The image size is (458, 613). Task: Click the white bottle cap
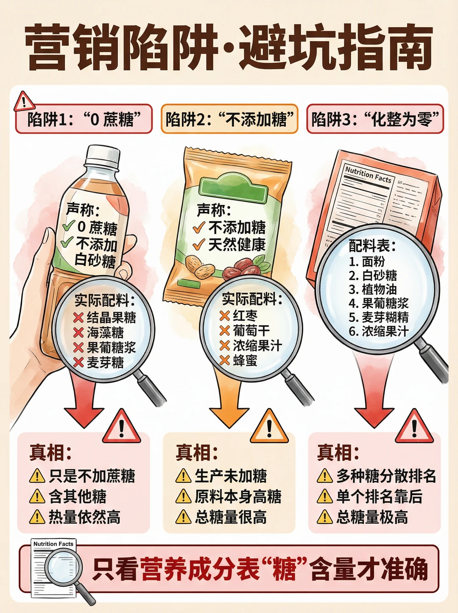tap(103, 157)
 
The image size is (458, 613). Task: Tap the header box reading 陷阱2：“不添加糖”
tap(229, 119)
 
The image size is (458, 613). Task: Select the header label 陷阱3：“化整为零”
tap(375, 119)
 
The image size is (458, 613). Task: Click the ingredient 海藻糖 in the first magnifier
tap(105, 333)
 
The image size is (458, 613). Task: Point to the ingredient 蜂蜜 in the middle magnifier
tap(245, 360)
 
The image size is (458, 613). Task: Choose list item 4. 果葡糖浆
tap(378, 303)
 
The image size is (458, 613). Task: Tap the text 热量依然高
tap(85, 517)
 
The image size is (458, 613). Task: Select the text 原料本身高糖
tap(238, 496)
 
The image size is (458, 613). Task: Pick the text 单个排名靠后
tap(379, 496)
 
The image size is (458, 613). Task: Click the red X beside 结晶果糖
tap(78, 318)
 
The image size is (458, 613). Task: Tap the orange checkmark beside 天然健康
tap(199, 244)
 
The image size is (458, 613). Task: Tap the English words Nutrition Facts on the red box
tap(369, 175)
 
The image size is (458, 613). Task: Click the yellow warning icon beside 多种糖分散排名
tap(324, 476)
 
